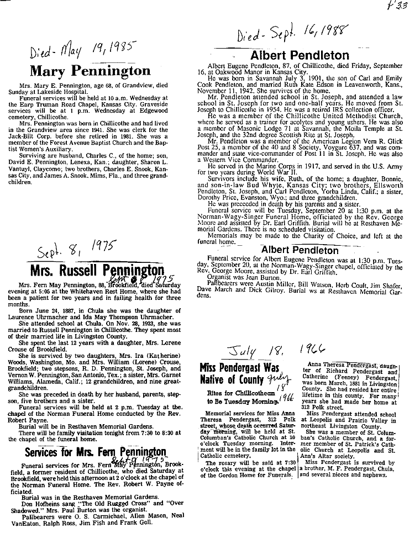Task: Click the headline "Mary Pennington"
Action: [x=90, y=71]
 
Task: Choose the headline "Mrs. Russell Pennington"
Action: [x=97, y=271]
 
